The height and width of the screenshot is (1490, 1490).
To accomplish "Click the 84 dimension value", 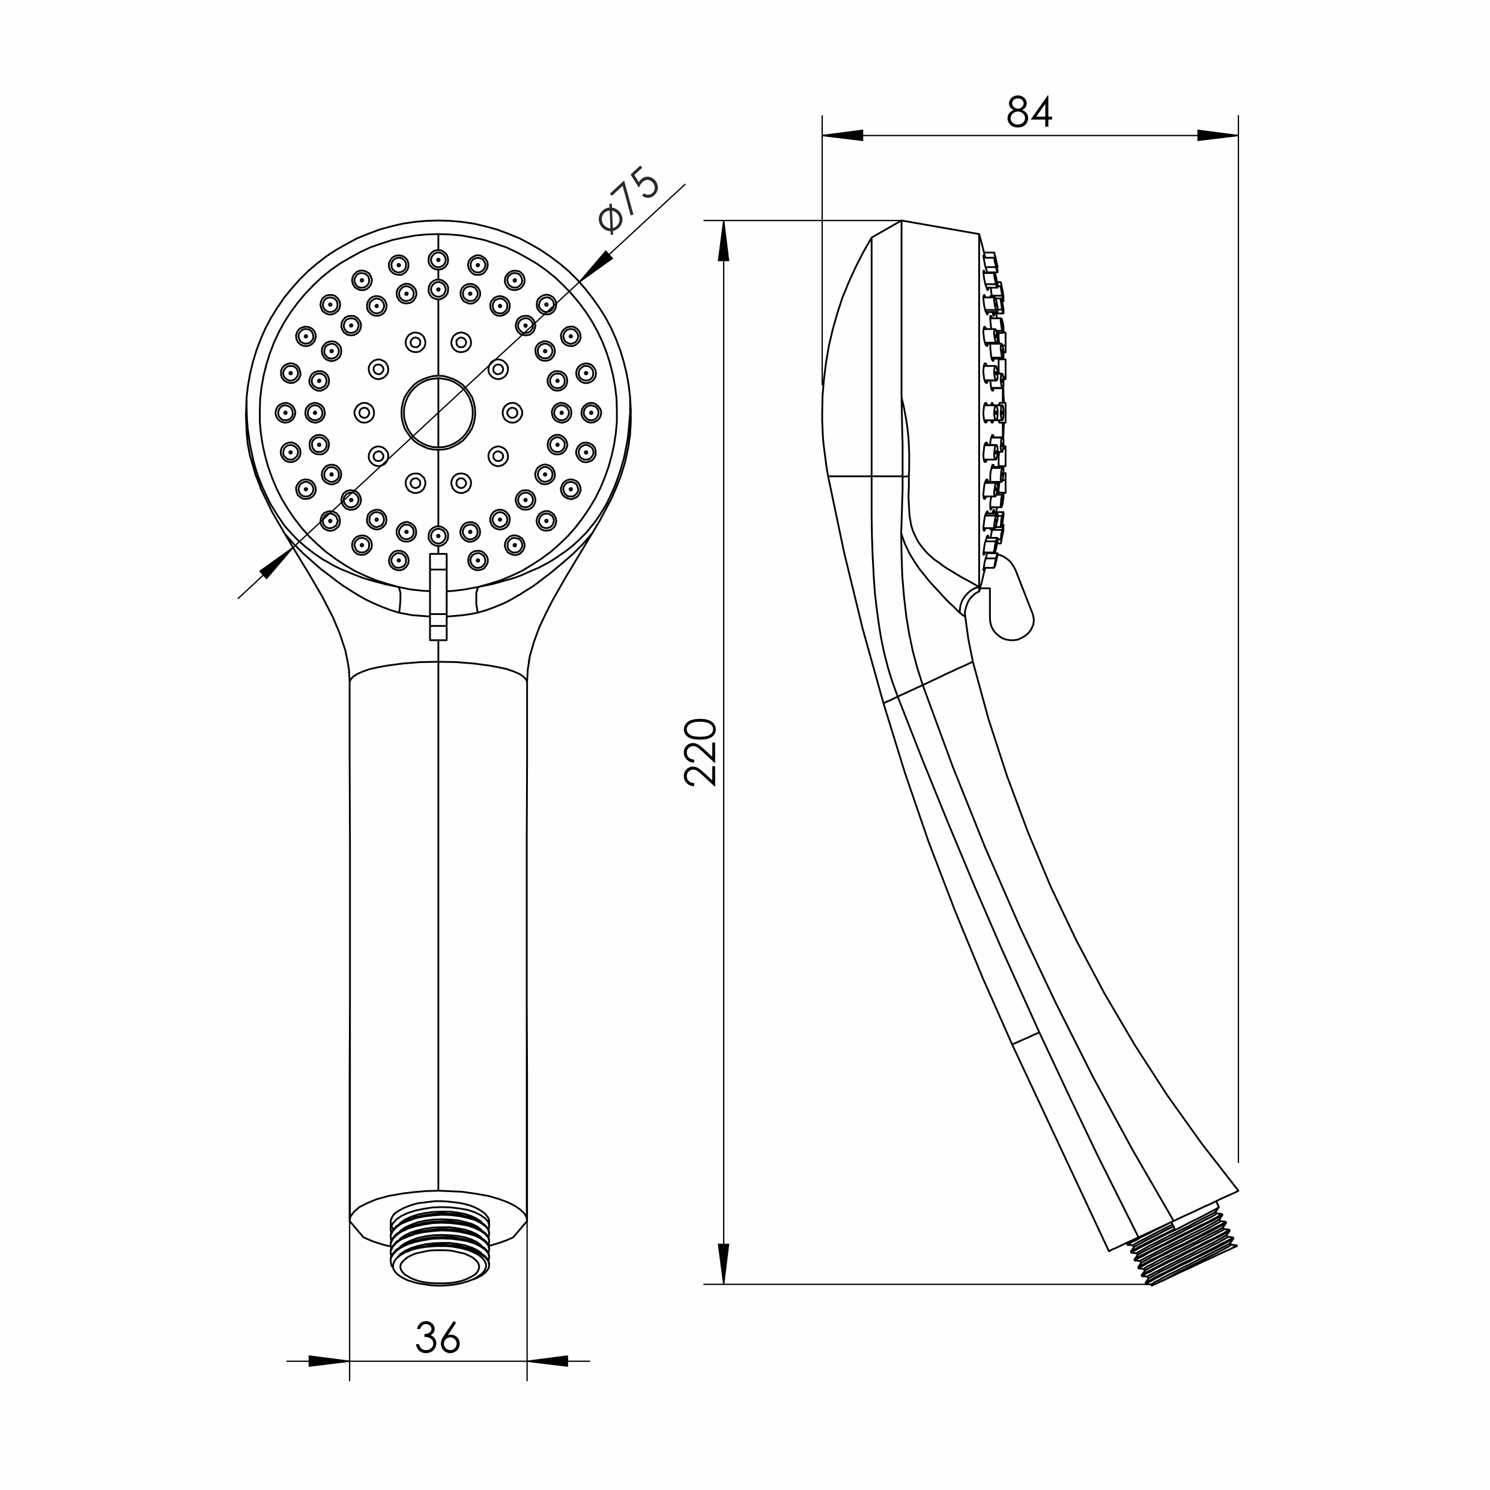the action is click(1029, 112).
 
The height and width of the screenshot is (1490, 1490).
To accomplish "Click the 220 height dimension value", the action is click(700, 752).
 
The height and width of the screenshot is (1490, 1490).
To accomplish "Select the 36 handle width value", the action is click(437, 1337).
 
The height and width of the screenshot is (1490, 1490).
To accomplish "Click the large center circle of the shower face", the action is click(438, 413).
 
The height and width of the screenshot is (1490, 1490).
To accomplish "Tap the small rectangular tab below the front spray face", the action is click(438, 596).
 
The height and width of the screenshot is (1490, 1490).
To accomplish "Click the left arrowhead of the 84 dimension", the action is click(842, 135).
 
